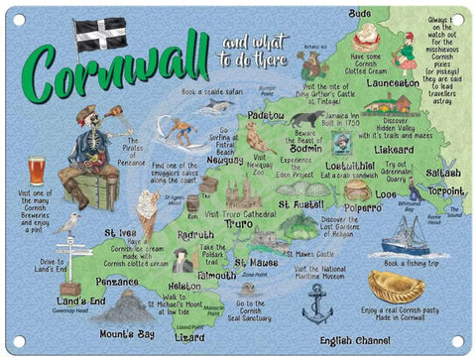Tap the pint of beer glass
point(37,170)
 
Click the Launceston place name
point(393,83)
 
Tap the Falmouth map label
point(217,275)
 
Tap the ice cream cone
point(148,215)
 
